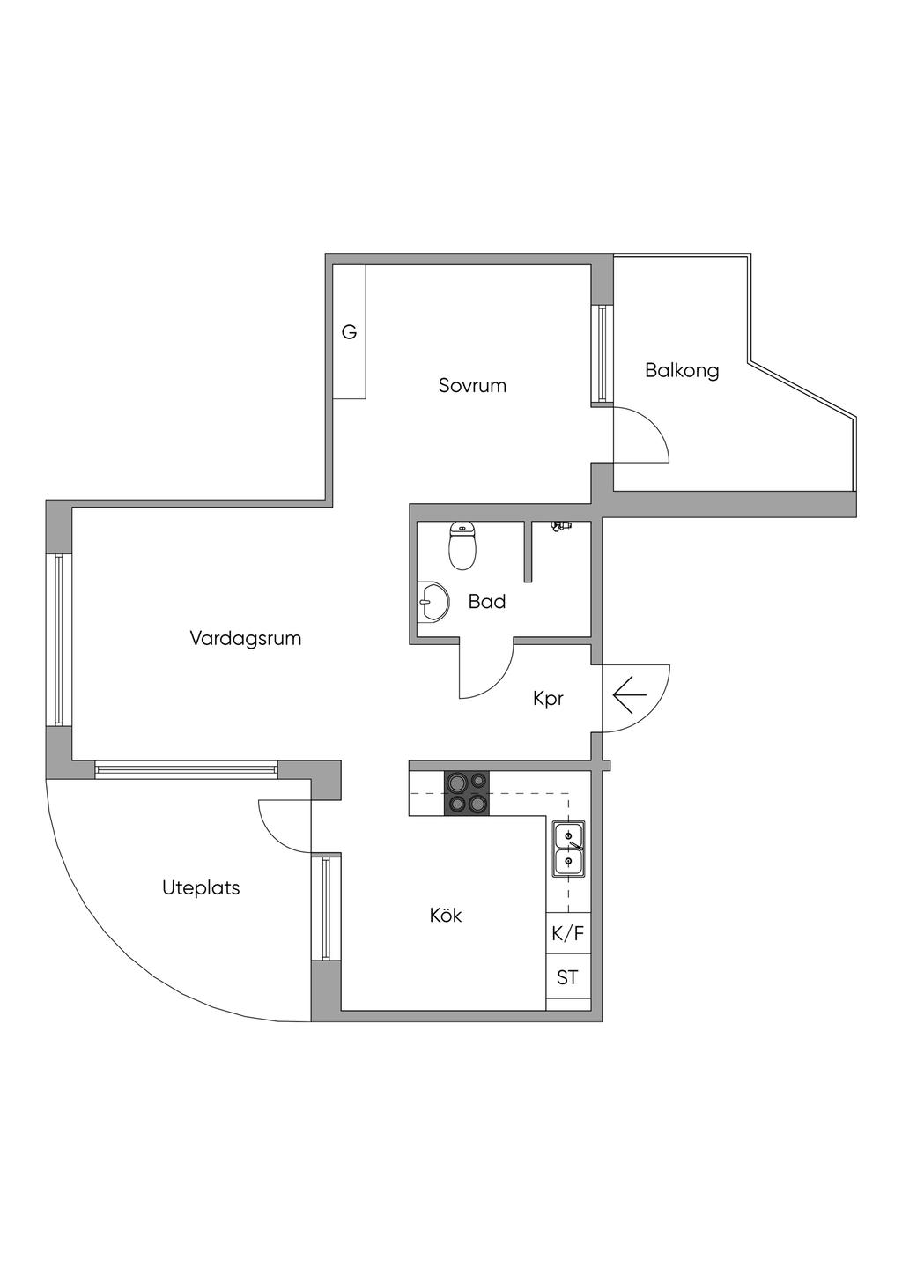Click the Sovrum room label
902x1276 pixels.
pyautogui.click(x=472, y=385)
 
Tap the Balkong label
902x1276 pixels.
pyautogui.click(x=682, y=370)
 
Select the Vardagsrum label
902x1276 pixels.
pyautogui.click(x=245, y=638)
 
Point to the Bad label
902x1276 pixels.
pyautogui.click(x=486, y=602)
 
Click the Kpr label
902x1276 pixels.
pyautogui.click(x=548, y=699)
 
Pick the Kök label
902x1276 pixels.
pyautogui.click(x=446, y=915)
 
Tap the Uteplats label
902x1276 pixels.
pyautogui.click(x=201, y=887)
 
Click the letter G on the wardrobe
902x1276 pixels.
pyautogui.click(x=350, y=332)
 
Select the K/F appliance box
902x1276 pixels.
pyautogui.click(x=568, y=934)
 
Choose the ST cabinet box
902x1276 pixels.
pyautogui.click(x=568, y=977)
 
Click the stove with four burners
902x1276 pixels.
pyautogui.click(x=467, y=792)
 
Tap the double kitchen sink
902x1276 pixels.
pyautogui.click(x=568, y=849)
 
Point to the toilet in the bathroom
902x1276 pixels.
pyautogui.click(x=462, y=545)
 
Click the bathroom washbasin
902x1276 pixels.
pyautogui.click(x=431, y=603)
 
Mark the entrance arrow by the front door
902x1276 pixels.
pyautogui.click(x=630, y=694)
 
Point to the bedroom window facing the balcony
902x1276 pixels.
pyautogui.click(x=602, y=353)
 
